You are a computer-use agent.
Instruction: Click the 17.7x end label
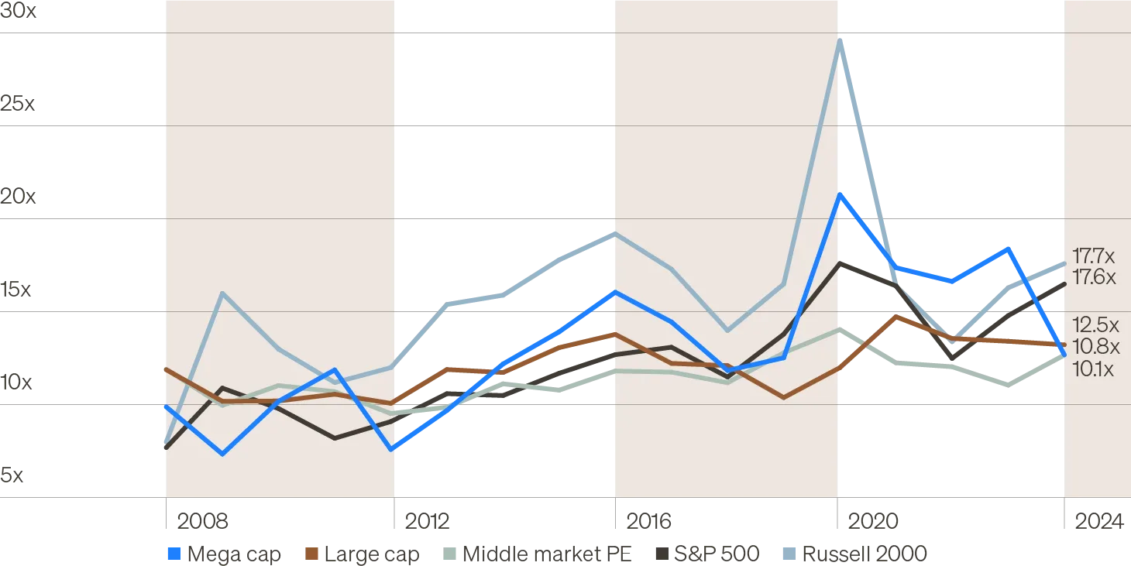[x=1094, y=256]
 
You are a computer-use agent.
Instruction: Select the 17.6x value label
[x=1094, y=277]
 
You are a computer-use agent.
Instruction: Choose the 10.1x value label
[x=1093, y=369]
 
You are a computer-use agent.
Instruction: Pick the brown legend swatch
[x=312, y=554]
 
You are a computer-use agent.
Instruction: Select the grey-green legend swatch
[x=449, y=554]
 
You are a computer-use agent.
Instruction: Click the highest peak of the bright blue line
[x=841, y=195]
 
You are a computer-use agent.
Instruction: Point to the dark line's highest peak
[x=841, y=264]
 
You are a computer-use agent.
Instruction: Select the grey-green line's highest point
[x=841, y=330]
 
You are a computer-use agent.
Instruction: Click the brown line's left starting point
[x=163, y=369]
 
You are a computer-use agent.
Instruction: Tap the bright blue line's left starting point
[x=163, y=404]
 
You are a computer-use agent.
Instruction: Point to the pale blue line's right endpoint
[x=1063, y=264]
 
